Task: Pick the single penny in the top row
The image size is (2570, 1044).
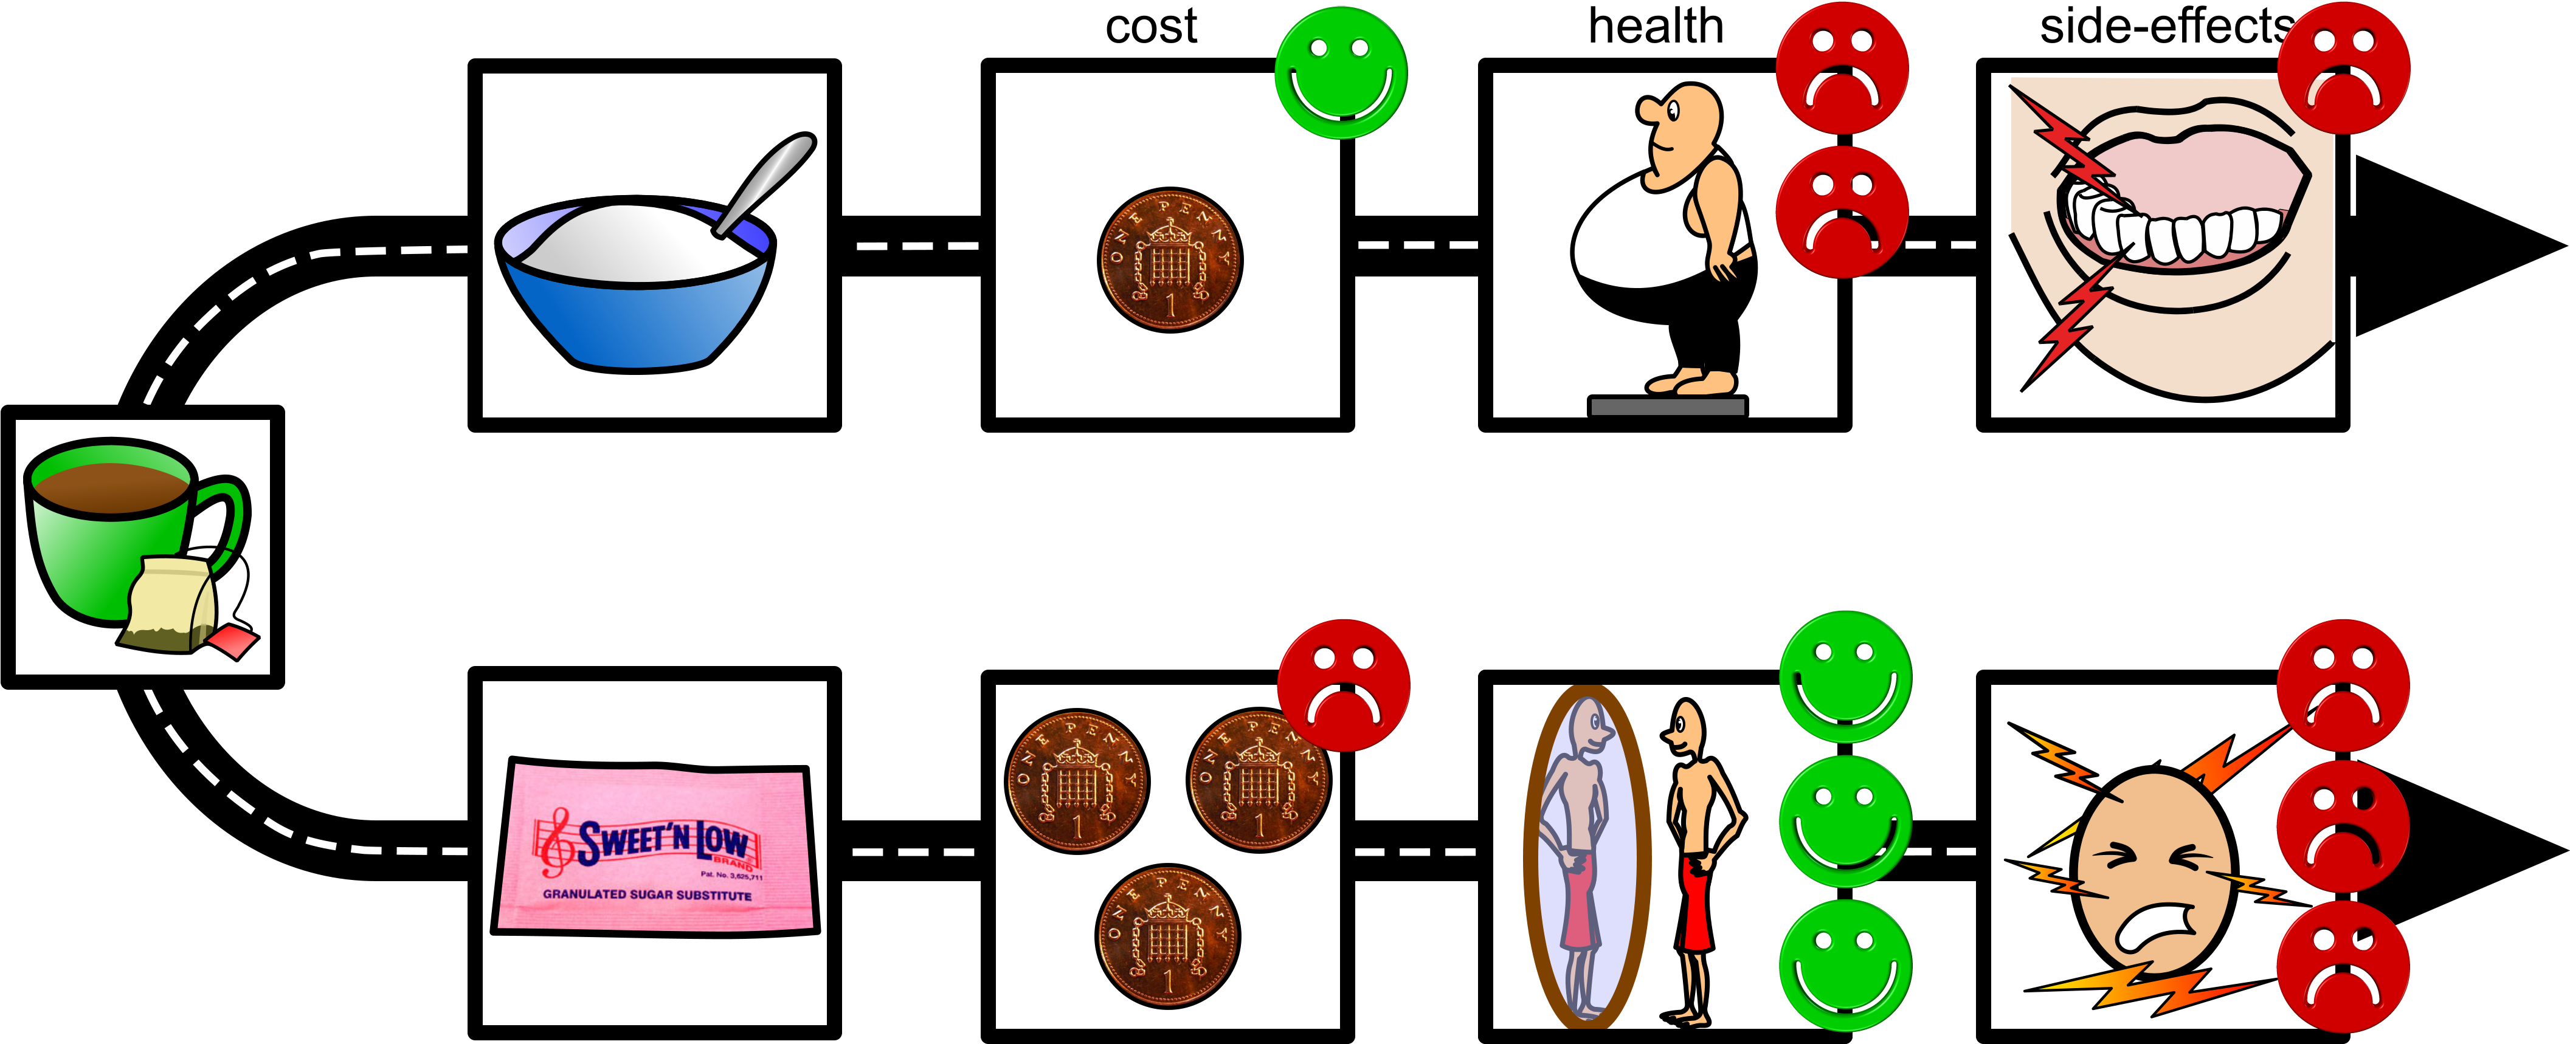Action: point(1169,259)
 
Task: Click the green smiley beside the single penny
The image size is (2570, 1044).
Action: point(1341,72)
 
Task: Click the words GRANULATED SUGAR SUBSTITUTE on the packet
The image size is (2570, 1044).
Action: point(646,895)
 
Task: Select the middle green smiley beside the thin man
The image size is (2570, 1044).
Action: point(1845,820)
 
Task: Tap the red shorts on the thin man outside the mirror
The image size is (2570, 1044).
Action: point(1694,902)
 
